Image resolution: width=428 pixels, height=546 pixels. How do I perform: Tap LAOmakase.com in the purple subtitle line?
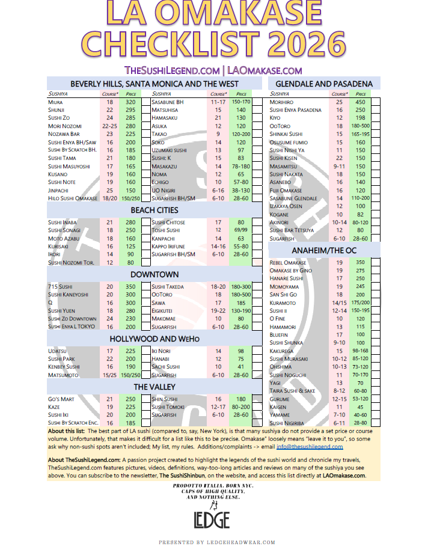[265, 70]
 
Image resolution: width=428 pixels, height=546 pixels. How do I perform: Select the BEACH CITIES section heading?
[154, 210]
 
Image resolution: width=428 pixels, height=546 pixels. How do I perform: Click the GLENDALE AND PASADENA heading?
[323, 84]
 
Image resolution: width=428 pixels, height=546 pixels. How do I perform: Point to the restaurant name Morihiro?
[281, 102]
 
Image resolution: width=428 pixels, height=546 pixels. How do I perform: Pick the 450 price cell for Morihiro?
[361, 102]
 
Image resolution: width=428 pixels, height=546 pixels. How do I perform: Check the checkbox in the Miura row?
[145, 102]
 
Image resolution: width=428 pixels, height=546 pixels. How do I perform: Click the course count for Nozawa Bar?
[109, 134]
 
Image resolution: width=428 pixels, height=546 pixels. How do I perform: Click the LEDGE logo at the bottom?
[214, 519]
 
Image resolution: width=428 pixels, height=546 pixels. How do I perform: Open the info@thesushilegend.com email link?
[310, 447]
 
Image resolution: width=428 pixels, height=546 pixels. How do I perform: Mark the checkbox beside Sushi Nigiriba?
[376, 422]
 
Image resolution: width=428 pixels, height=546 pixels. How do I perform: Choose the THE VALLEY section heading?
[154, 387]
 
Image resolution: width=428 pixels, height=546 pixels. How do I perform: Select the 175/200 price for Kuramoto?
[361, 302]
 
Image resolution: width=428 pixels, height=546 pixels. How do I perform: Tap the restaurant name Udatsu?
[58, 351]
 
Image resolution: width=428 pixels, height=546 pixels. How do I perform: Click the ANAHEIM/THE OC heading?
[324, 250]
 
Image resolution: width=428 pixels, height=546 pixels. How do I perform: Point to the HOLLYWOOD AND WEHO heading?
[154, 339]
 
